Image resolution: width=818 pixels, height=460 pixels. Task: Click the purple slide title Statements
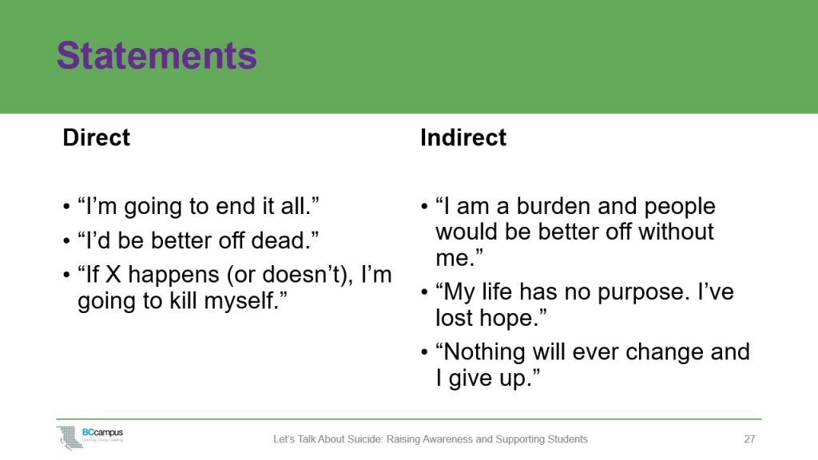coord(157,56)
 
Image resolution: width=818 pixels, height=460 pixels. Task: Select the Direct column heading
coord(96,137)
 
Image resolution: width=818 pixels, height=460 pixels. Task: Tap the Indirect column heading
coord(463,137)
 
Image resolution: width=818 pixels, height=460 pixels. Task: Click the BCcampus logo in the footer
coord(90,437)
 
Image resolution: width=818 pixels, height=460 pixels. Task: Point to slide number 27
coord(749,439)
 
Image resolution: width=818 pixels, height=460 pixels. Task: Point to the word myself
coord(252,301)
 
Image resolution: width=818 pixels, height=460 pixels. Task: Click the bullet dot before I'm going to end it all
coord(66,208)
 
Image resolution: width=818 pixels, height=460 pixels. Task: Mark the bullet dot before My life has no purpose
coord(424,292)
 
